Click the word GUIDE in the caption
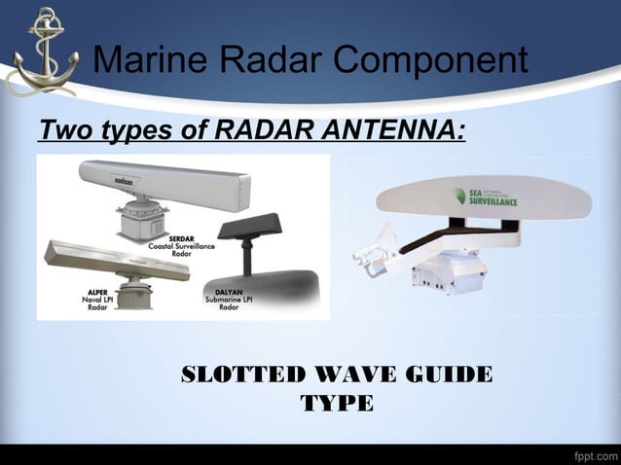coord(451,376)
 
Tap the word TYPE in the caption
coord(337,403)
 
